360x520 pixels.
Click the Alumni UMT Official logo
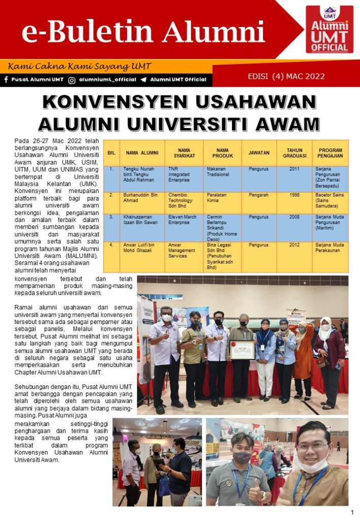pos(329,29)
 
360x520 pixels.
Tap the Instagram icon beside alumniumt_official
pos(72,80)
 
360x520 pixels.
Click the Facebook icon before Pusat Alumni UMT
pos(6,80)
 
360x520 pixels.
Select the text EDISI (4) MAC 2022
pos(286,77)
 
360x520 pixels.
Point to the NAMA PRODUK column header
pos(222,153)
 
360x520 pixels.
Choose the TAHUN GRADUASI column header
pos(294,153)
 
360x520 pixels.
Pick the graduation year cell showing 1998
pos(294,195)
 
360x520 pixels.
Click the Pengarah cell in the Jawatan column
pos(259,195)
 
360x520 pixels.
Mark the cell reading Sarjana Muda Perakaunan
pos(330,248)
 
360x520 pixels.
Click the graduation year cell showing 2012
pos(294,245)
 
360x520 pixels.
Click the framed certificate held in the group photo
pos(242,349)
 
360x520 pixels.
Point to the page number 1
pos(352,512)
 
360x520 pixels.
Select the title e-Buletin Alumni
pos(143,33)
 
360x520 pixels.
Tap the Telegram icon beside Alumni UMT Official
pos(144,80)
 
